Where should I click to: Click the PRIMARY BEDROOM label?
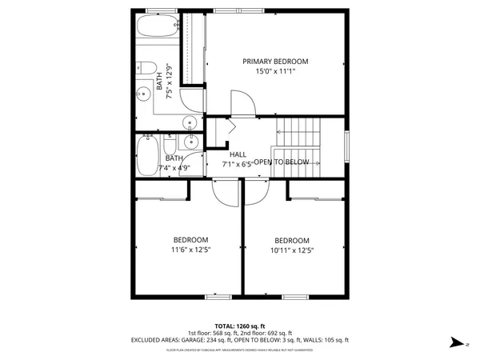[275, 62]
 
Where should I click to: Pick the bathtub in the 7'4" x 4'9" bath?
[146, 156]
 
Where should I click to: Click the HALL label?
[238, 154]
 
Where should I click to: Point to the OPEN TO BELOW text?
[282, 162]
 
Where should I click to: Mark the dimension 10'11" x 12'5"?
[292, 251]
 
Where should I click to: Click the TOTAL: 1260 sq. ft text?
[240, 326]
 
